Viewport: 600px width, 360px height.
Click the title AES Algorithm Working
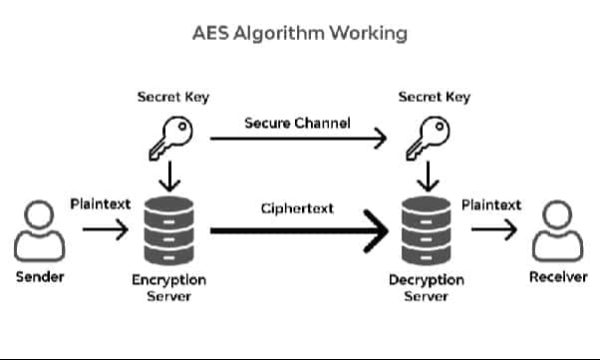click(x=300, y=33)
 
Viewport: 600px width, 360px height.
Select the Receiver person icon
click(x=557, y=231)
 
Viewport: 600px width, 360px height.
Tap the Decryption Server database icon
click(x=427, y=229)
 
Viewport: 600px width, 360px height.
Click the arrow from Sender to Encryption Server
click(x=105, y=230)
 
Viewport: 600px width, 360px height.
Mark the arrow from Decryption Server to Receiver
click(x=494, y=230)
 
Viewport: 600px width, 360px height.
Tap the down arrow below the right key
click(x=427, y=178)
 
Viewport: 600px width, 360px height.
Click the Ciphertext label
click(x=297, y=209)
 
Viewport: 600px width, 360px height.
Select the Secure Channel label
click(x=297, y=123)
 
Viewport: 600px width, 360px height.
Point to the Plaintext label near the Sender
click(x=100, y=205)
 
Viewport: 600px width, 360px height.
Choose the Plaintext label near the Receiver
click(x=491, y=205)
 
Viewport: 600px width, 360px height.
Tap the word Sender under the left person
click(x=40, y=276)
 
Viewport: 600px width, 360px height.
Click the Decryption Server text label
click(x=427, y=288)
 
